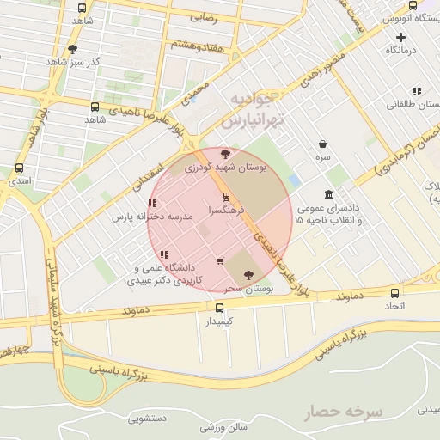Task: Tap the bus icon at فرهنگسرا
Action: [226, 196]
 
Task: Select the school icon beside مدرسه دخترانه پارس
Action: [152, 204]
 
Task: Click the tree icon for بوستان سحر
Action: [249, 275]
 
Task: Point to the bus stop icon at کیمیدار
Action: [207, 307]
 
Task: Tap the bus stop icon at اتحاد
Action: [394, 292]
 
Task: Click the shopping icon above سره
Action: [322, 144]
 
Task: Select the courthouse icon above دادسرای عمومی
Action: [328, 194]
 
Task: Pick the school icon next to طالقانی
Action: [417, 91]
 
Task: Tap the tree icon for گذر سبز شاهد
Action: [72, 49]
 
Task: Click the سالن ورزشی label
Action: [224, 426]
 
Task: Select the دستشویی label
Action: [148, 419]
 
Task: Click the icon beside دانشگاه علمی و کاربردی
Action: [163, 254]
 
